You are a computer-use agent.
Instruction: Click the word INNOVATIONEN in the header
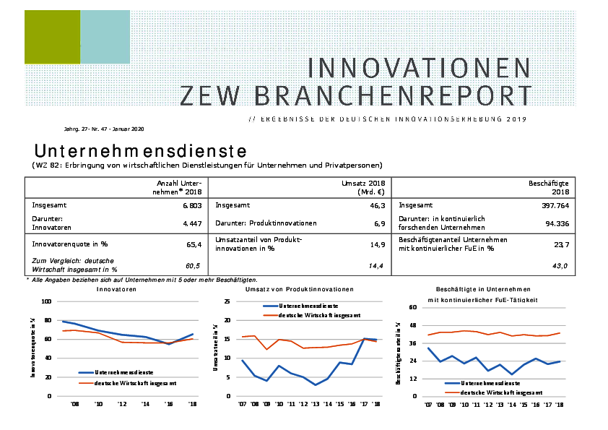click(419, 67)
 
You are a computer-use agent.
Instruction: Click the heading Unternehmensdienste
click(141, 151)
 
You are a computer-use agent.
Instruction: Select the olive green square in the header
click(52, 37)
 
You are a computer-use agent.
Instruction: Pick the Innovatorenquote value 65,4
click(194, 245)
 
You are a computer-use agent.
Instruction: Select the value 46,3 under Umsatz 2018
click(380, 205)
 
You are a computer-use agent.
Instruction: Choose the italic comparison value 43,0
click(560, 267)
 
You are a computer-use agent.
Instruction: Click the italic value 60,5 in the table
click(193, 266)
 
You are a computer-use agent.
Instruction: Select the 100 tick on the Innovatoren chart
click(47, 301)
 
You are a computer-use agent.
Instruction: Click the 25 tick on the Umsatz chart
click(227, 301)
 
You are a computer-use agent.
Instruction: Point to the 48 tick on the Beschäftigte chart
click(414, 325)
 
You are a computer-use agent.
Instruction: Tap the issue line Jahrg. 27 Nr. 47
click(105, 129)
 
